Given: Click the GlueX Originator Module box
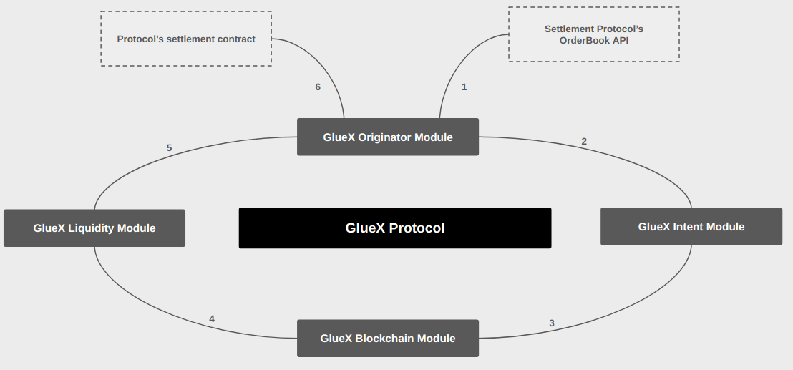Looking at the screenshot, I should [387, 137].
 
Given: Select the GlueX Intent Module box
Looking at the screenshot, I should [691, 226].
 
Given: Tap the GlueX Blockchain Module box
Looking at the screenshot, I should [387, 338].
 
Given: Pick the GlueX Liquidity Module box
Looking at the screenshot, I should [94, 228].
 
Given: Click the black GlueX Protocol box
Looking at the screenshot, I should [394, 228].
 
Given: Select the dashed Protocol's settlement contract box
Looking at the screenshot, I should [186, 39].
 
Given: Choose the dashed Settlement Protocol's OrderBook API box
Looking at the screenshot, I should [593, 34].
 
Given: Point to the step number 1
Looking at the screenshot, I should [464, 87].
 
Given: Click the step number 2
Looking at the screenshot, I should [584, 142].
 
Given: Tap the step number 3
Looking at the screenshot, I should [551, 323].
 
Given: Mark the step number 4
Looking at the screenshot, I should [212, 318].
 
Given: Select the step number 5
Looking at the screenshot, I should [169, 148].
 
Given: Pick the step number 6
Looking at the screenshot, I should [318, 87].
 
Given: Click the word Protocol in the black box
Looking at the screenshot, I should [417, 228].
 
